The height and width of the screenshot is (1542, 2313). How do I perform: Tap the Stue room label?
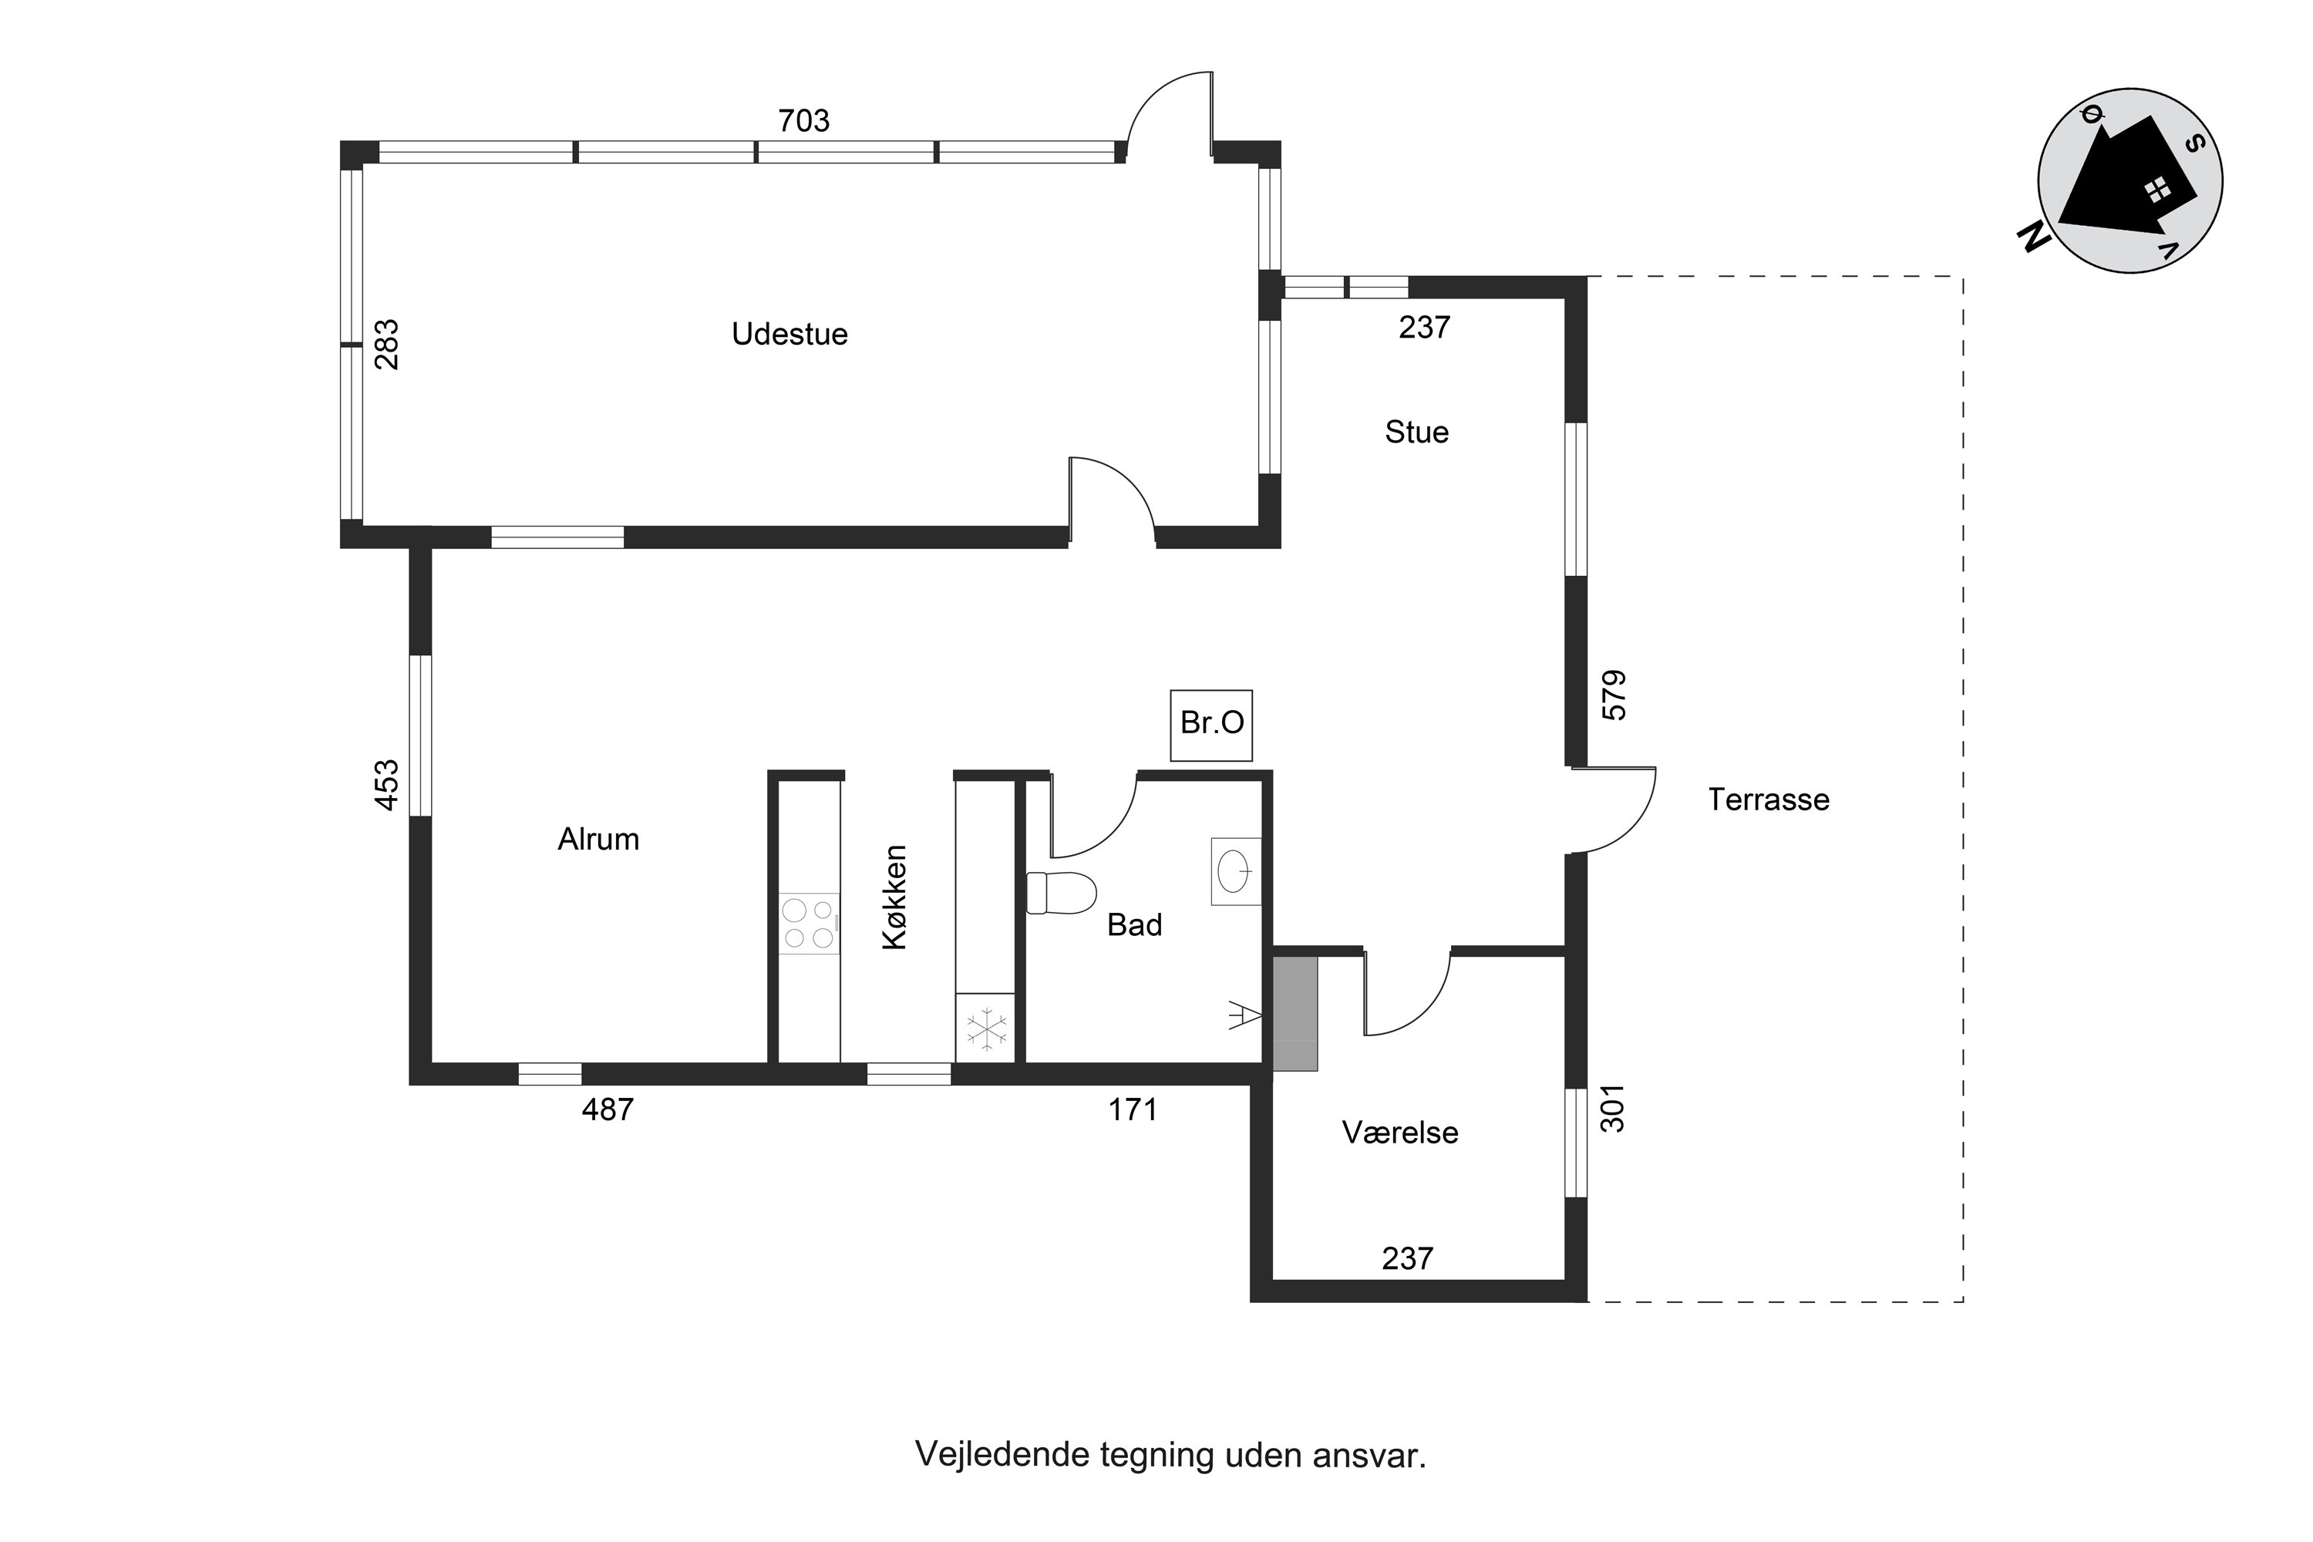coord(1416,432)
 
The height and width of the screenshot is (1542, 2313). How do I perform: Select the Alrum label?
coord(598,839)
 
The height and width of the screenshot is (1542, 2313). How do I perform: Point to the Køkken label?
coord(894,897)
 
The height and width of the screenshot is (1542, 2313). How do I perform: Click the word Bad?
coord(1134,924)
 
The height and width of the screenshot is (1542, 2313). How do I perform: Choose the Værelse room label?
coord(1399,1132)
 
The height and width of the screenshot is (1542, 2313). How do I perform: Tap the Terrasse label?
coord(1768,800)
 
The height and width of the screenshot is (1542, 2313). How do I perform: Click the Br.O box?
coord(1211,725)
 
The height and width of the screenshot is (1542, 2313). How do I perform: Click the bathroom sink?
coord(1236,870)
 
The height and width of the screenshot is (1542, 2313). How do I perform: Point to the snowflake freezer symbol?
coord(986,1029)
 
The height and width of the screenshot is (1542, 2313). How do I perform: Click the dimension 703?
coord(803,120)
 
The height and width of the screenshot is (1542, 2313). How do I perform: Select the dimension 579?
coord(1614,695)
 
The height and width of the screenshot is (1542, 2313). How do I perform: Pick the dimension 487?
coord(608,1109)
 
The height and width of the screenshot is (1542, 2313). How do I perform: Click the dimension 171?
coord(1132,1109)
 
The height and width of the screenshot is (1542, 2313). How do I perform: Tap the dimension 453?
coord(388,785)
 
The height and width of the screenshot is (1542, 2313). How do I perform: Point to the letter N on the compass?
coord(2034,237)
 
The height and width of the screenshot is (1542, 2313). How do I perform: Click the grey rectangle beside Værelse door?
coord(1295,1012)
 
